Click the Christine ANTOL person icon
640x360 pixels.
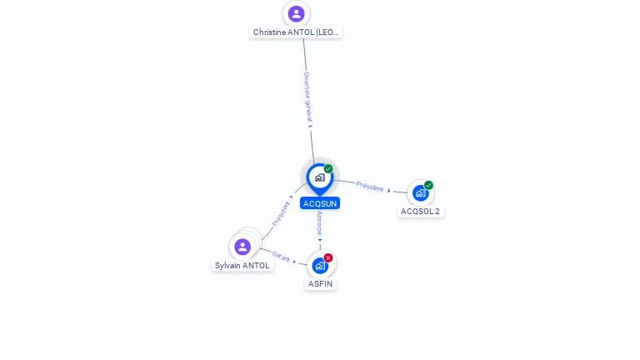point(296,13)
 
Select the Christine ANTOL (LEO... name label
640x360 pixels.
point(296,32)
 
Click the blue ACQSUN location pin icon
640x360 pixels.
point(320,177)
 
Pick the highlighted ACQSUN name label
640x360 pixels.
point(320,203)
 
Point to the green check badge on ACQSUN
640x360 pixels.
point(328,168)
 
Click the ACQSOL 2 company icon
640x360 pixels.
point(420,193)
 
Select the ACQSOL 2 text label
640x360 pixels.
point(420,212)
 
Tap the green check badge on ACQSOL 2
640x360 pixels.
point(428,185)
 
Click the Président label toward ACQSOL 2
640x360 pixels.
point(369,187)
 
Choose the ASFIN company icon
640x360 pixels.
point(320,266)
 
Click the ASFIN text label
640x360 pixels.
point(320,283)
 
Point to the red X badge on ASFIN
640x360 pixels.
point(328,257)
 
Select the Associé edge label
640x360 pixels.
point(319,222)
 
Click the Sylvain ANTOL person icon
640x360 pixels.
point(242,247)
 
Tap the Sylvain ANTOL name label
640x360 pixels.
point(242,266)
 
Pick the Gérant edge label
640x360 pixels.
point(281,256)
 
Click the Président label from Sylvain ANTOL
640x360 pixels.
point(281,213)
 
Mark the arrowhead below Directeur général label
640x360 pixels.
point(311,127)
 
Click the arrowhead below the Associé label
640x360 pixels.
point(320,240)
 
